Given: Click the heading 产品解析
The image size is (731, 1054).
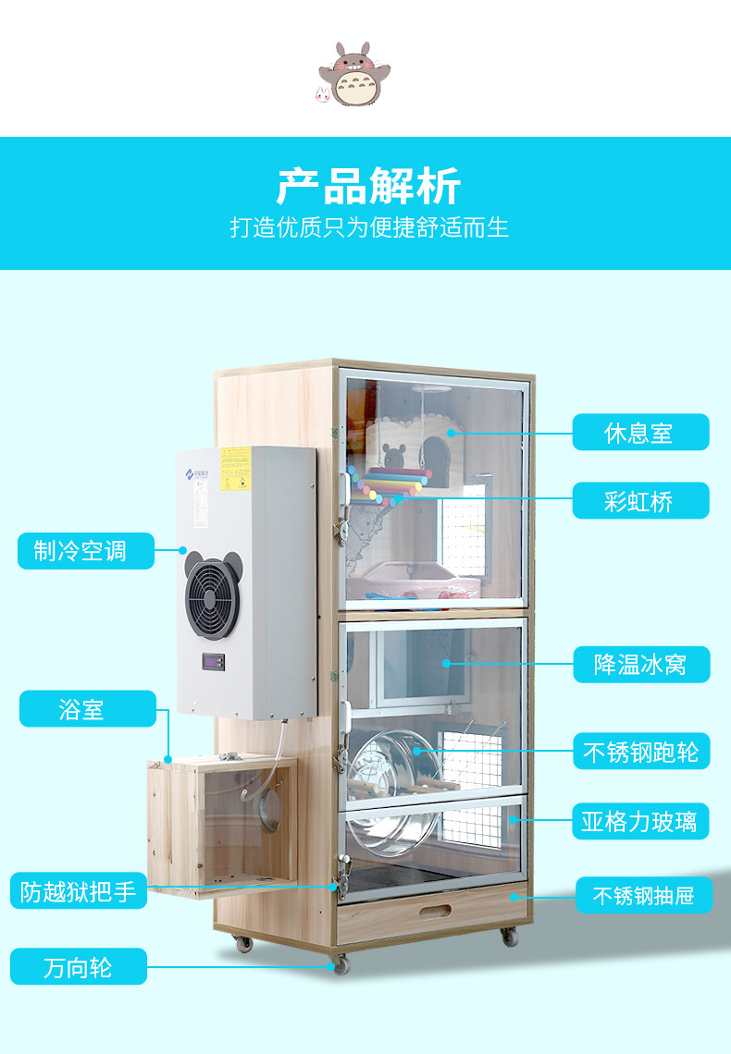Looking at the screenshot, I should coord(368,187).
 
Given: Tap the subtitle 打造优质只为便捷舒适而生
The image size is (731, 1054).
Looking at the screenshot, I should coord(369,227).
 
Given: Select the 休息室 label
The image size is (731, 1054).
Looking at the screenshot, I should coord(640,433).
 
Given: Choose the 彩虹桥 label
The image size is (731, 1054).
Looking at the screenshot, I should coord(640,501).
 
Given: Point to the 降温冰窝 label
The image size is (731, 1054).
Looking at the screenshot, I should coord(640,665).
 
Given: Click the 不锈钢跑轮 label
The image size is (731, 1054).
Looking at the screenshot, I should coord(640,751).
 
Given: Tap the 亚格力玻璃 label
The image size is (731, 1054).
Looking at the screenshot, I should coord(640,820).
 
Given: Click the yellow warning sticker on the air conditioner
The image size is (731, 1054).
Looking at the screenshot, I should coord(236,457).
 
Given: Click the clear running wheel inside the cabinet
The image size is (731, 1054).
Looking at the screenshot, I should coord(389,777).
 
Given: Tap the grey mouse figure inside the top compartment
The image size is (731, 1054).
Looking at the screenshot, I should coord(394,457).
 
